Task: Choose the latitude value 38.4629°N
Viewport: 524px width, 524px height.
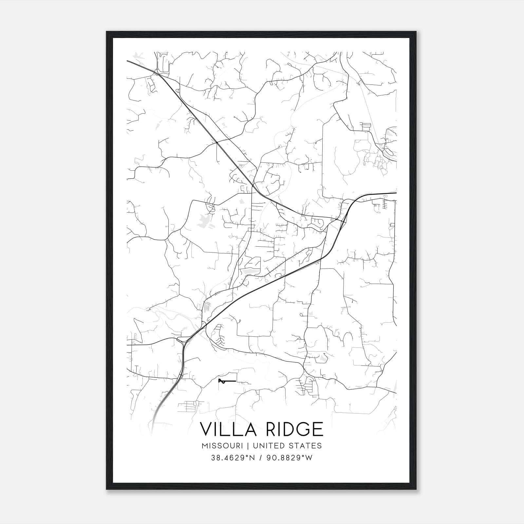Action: point(233,458)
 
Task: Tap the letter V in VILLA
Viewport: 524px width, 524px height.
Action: point(207,429)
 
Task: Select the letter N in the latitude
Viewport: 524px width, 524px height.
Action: point(253,458)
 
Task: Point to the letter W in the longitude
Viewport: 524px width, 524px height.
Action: point(309,458)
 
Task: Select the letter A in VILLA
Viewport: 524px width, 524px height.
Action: point(250,429)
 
